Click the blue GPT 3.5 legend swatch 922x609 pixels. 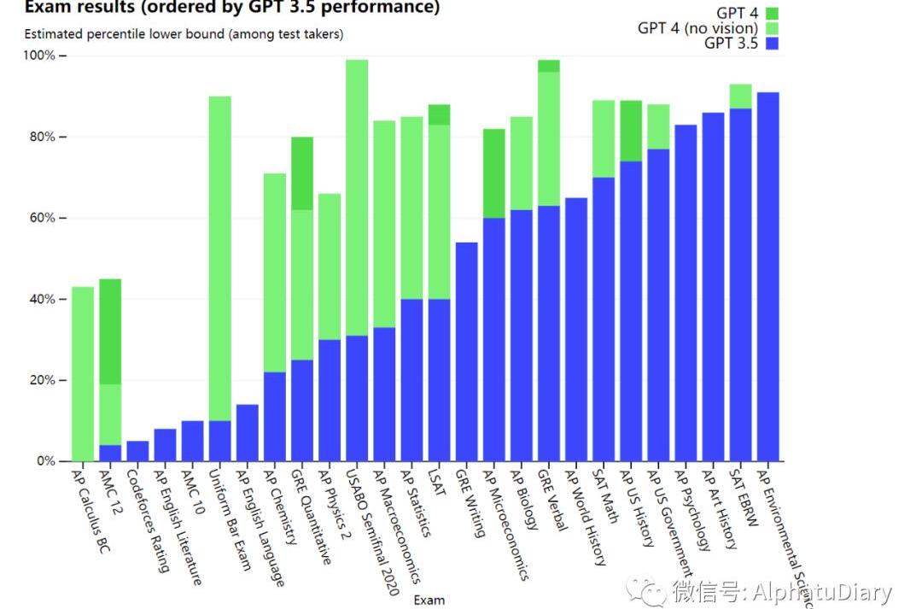[x=773, y=44]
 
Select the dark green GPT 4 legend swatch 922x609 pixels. [x=773, y=13]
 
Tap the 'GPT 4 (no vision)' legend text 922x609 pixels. [x=697, y=28]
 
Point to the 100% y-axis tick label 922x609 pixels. [x=38, y=56]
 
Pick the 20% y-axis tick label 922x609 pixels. [x=41, y=380]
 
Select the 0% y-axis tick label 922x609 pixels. [x=44, y=461]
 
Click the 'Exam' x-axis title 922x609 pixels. [x=429, y=600]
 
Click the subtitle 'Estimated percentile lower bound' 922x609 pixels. [x=184, y=34]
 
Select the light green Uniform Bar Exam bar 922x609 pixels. [x=219, y=256]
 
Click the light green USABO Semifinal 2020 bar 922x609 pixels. [x=357, y=196]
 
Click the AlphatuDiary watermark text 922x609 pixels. [x=781, y=592]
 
